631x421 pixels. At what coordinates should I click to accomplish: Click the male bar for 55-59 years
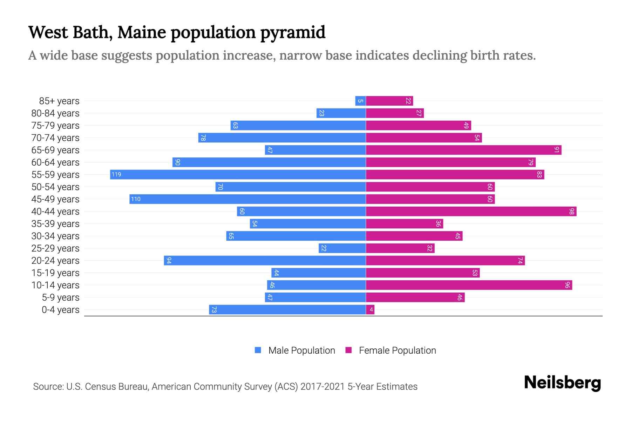pos(238,174)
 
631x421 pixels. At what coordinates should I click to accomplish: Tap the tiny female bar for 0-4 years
pos(370,309)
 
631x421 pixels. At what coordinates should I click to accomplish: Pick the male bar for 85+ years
pos(361,101)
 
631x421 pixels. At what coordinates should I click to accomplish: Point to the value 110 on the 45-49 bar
pos(136,199)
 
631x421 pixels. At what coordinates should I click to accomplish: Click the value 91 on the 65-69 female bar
pos(556,150)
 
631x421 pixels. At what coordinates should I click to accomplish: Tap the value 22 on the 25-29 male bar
pos(324,248)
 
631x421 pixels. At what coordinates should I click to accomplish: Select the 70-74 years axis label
pos(55,138)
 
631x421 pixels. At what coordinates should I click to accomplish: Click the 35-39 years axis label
pos(55,223)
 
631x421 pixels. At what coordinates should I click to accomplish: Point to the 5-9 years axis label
pos(61,297)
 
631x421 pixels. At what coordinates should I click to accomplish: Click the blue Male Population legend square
pos(258,350)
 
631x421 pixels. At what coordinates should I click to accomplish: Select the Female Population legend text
pos(397,350)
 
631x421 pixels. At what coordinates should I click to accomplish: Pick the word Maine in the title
pos(142,32)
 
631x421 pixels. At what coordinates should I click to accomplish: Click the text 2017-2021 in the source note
pos(323,386)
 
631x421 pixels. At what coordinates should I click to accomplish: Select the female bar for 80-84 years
pos(395,113)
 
